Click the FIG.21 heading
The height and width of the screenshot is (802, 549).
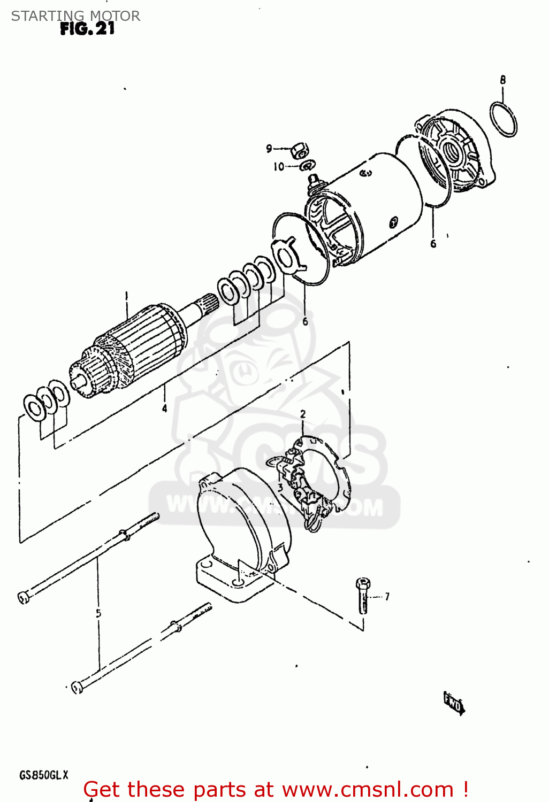[x=87, y=28]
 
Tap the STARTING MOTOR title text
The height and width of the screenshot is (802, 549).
[x=75, y=16]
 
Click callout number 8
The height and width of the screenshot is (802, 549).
[x=502, y=80]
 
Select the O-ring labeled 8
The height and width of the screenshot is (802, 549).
[x=503, y=119]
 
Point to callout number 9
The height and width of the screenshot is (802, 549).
[x=269, y=149]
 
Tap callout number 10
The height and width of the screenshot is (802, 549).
[x=279, y=167]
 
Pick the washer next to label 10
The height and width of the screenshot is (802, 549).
[x=308, y=166]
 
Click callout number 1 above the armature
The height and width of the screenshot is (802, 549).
[x=127, y=295]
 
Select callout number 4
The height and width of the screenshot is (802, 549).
[x=164, y=408]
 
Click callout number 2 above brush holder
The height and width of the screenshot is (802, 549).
[x=303, y=414]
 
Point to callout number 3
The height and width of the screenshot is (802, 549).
[x=280, y=487]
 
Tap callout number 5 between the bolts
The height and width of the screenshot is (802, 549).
[x=98, y=613]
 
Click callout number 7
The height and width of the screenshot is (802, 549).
[x=386, y=596]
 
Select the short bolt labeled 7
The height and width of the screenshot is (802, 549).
[x=363, y=595]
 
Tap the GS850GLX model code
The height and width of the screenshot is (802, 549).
[x=44, y=775]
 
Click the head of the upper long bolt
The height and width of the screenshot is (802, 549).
[x=23, y=597]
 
